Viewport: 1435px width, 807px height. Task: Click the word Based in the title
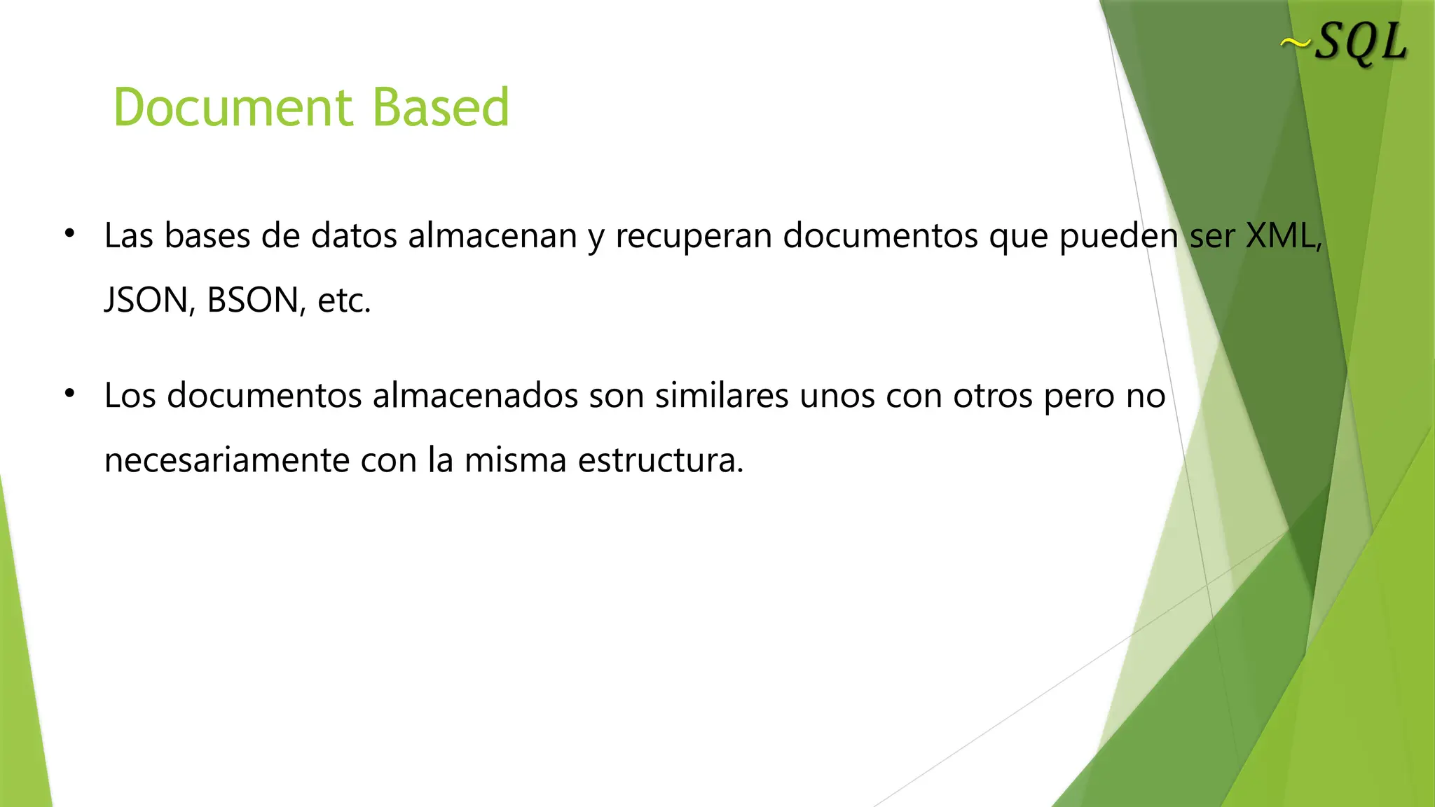[440, 108]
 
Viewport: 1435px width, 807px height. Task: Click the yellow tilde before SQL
[1295, 44]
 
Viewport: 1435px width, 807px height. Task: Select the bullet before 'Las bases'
[69, 234]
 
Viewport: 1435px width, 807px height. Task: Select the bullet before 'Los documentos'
[69, 394]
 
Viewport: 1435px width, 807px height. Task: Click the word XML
[1281, 236]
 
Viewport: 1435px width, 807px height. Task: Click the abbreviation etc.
[343, 301]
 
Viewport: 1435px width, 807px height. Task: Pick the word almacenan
[492, 236]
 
